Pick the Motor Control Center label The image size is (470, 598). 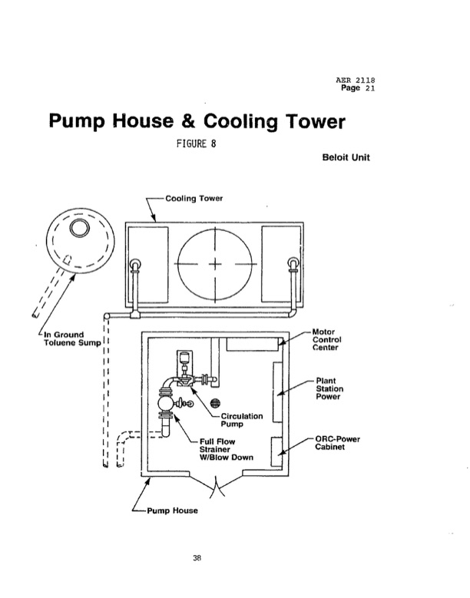327,339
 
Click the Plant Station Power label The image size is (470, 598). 328,389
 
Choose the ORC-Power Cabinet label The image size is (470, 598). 338,443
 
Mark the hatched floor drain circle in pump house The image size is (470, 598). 215,402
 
